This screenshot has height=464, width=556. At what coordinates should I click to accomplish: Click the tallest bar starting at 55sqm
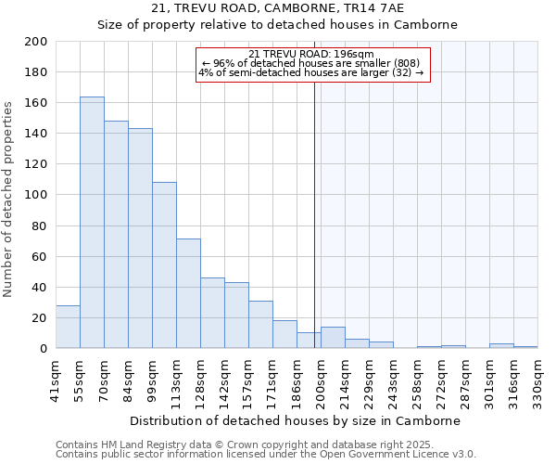point(92,223)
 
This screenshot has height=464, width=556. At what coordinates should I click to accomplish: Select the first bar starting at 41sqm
point(68,327)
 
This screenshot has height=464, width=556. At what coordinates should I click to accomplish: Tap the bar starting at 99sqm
point(164,265)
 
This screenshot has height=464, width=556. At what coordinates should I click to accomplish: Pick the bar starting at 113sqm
point(188,293)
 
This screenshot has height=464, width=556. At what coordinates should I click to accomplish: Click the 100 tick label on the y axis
point(37,195)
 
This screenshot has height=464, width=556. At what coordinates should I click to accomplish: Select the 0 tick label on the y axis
point(44,349)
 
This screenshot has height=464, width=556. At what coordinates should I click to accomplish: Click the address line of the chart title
point(278,8)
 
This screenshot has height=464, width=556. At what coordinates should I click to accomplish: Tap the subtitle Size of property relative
point(278,25)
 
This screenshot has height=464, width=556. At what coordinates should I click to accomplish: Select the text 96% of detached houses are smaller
point(311,63)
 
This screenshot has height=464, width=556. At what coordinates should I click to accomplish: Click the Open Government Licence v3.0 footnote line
point(265,455)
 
